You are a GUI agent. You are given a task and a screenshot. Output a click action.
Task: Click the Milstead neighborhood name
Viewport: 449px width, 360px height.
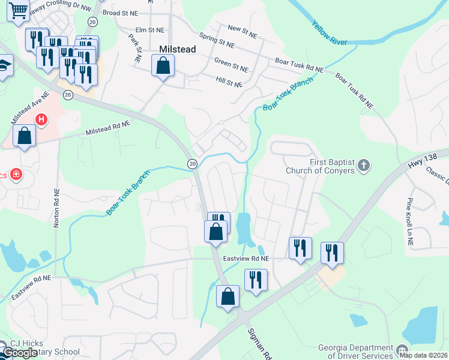(x=177, y=50)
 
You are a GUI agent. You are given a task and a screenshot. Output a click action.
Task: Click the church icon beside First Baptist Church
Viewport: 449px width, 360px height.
(x=364, y=164)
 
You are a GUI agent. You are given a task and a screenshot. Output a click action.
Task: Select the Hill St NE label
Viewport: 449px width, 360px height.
(x=230, y=82)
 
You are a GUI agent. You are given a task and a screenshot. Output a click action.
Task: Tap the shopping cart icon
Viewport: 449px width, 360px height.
(x=19, y=10)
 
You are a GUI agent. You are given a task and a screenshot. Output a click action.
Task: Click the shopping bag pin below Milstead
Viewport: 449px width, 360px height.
(x=163, y=65)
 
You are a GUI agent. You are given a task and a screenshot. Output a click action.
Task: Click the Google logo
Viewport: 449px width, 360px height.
(x=19, y=353)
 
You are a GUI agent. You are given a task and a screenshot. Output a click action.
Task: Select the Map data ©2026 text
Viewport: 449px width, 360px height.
(x=423, y=355)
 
